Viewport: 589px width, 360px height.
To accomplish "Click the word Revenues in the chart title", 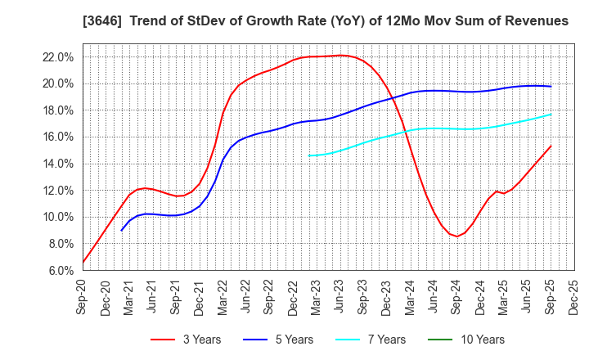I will [537, 19].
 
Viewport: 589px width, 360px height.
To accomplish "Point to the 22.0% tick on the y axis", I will [60, 57].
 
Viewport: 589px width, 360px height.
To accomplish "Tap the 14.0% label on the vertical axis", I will [60, 164].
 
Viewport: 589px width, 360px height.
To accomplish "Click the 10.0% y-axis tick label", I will [60, 217].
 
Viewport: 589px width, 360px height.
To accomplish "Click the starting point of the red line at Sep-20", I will [83, 263].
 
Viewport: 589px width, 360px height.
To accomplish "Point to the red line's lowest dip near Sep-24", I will [457, 236].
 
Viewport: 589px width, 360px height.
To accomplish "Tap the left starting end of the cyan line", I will [308, 155].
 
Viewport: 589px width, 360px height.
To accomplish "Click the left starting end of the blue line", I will [122, 231].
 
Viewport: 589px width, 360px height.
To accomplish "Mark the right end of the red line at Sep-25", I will [551, 146].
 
